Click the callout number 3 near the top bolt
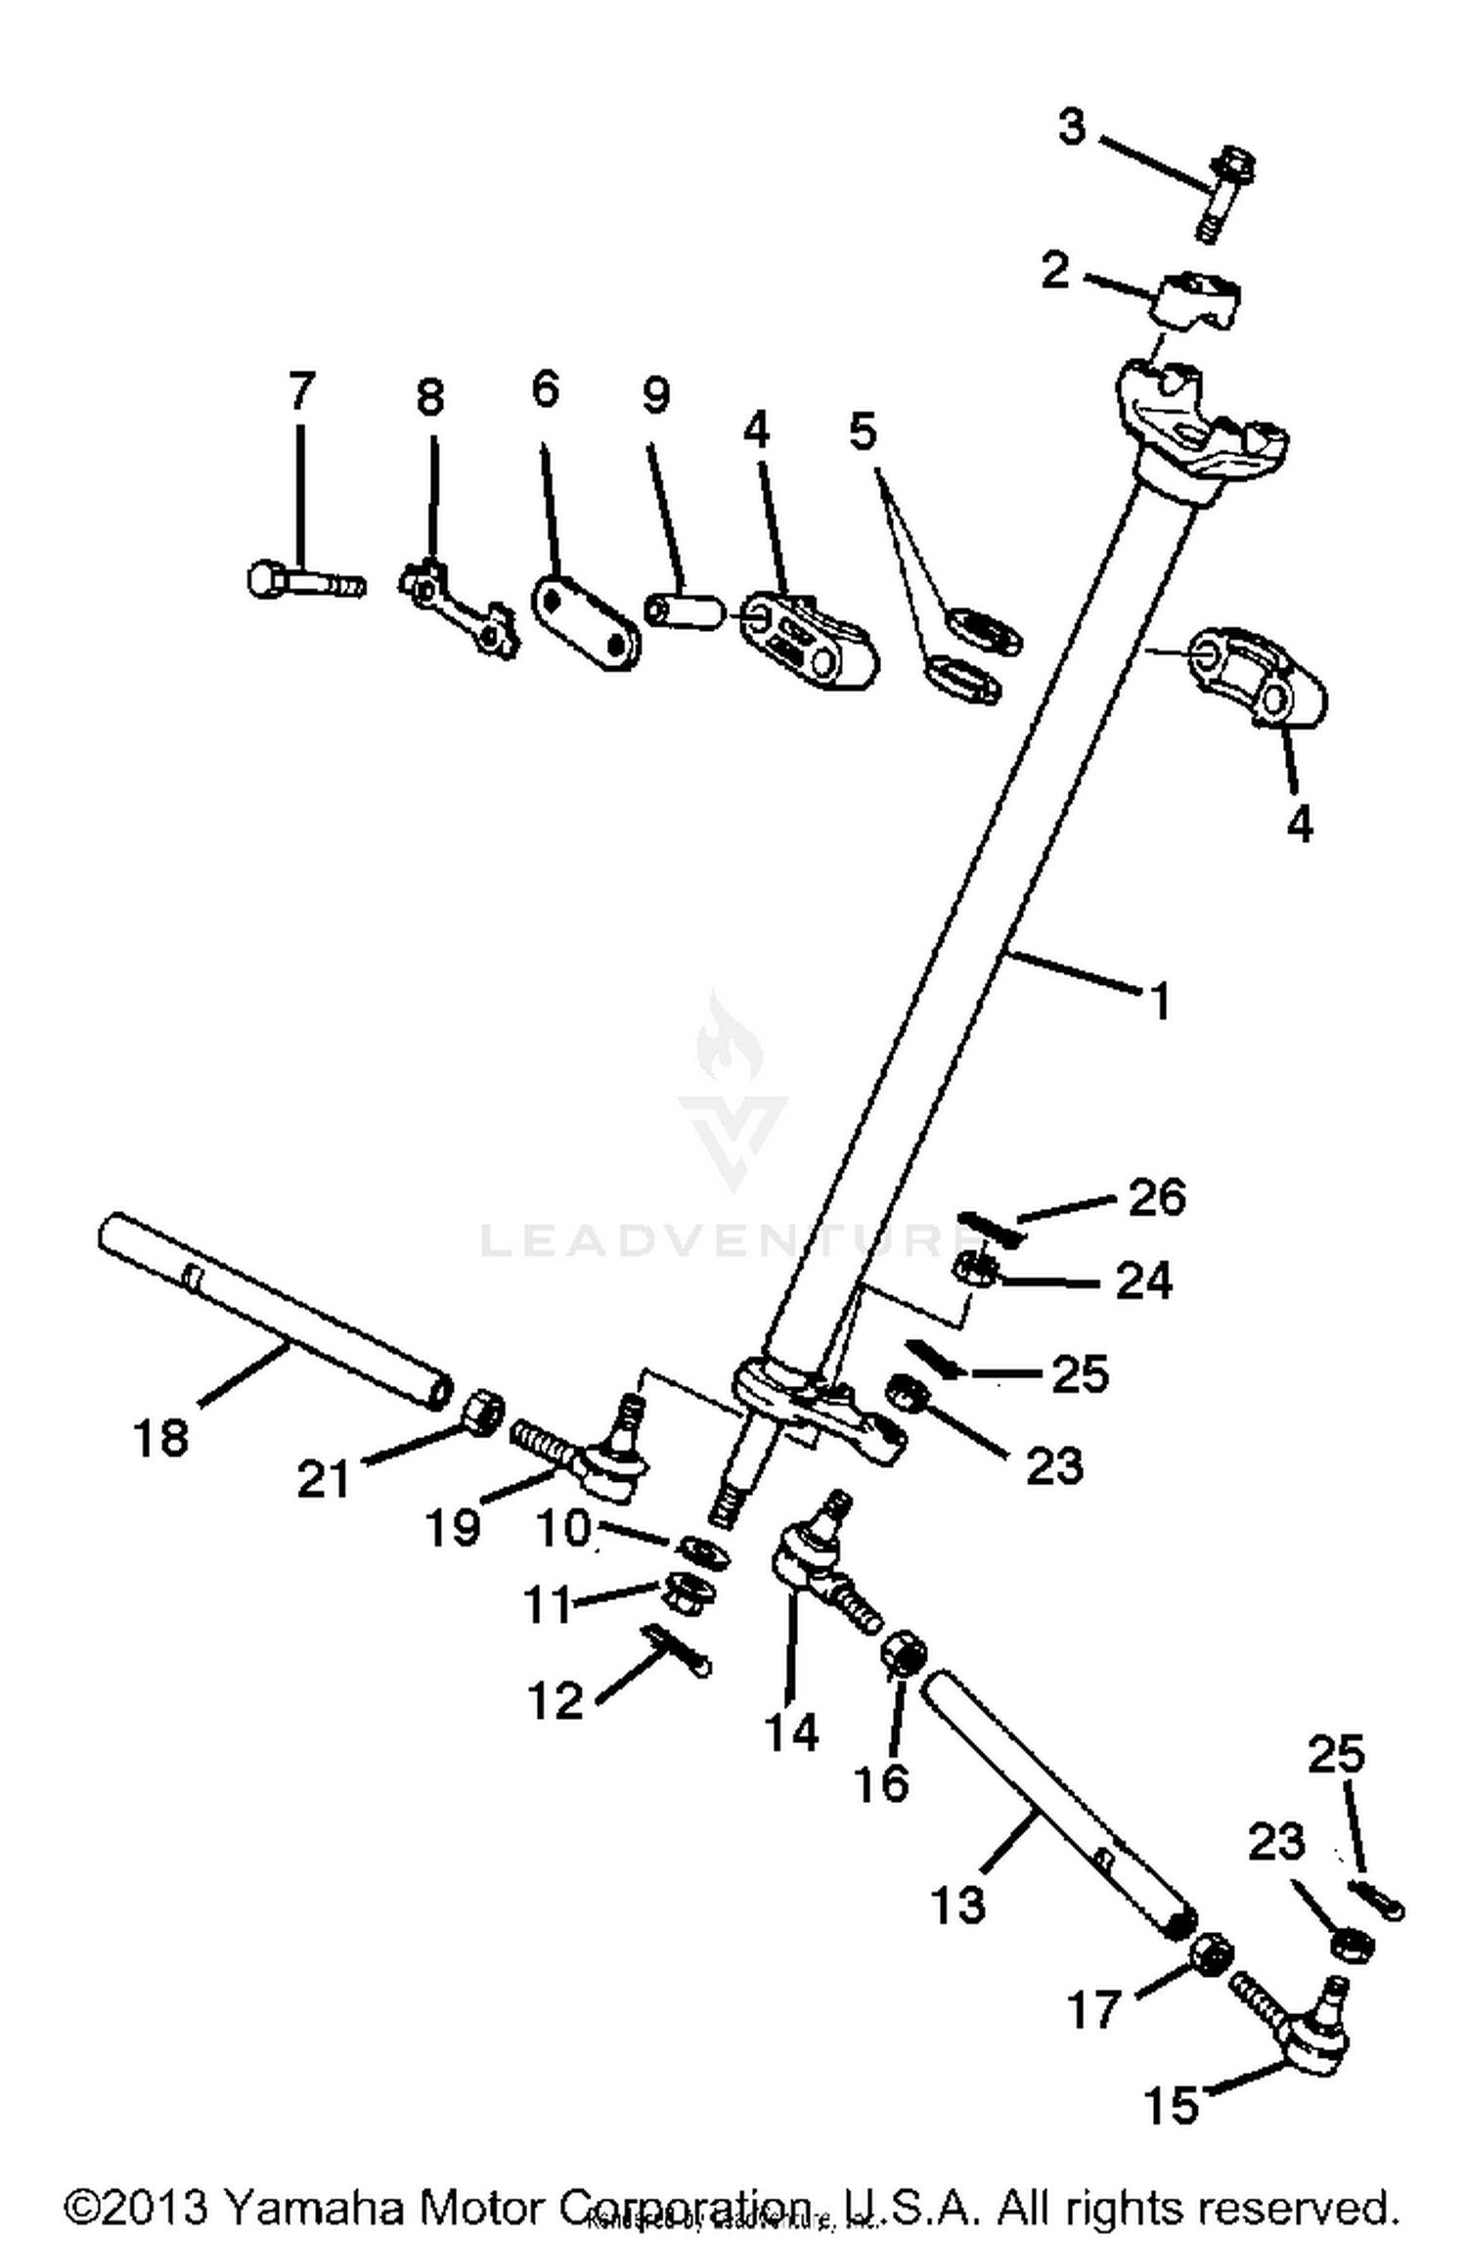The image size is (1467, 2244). [1072, 127]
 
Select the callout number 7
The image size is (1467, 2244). [300, 391]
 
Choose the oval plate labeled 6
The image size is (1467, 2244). [585, 623]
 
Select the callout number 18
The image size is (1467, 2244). [161, 1438]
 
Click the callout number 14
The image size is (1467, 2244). [790, 1732]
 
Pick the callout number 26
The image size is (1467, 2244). [1157, 1197]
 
